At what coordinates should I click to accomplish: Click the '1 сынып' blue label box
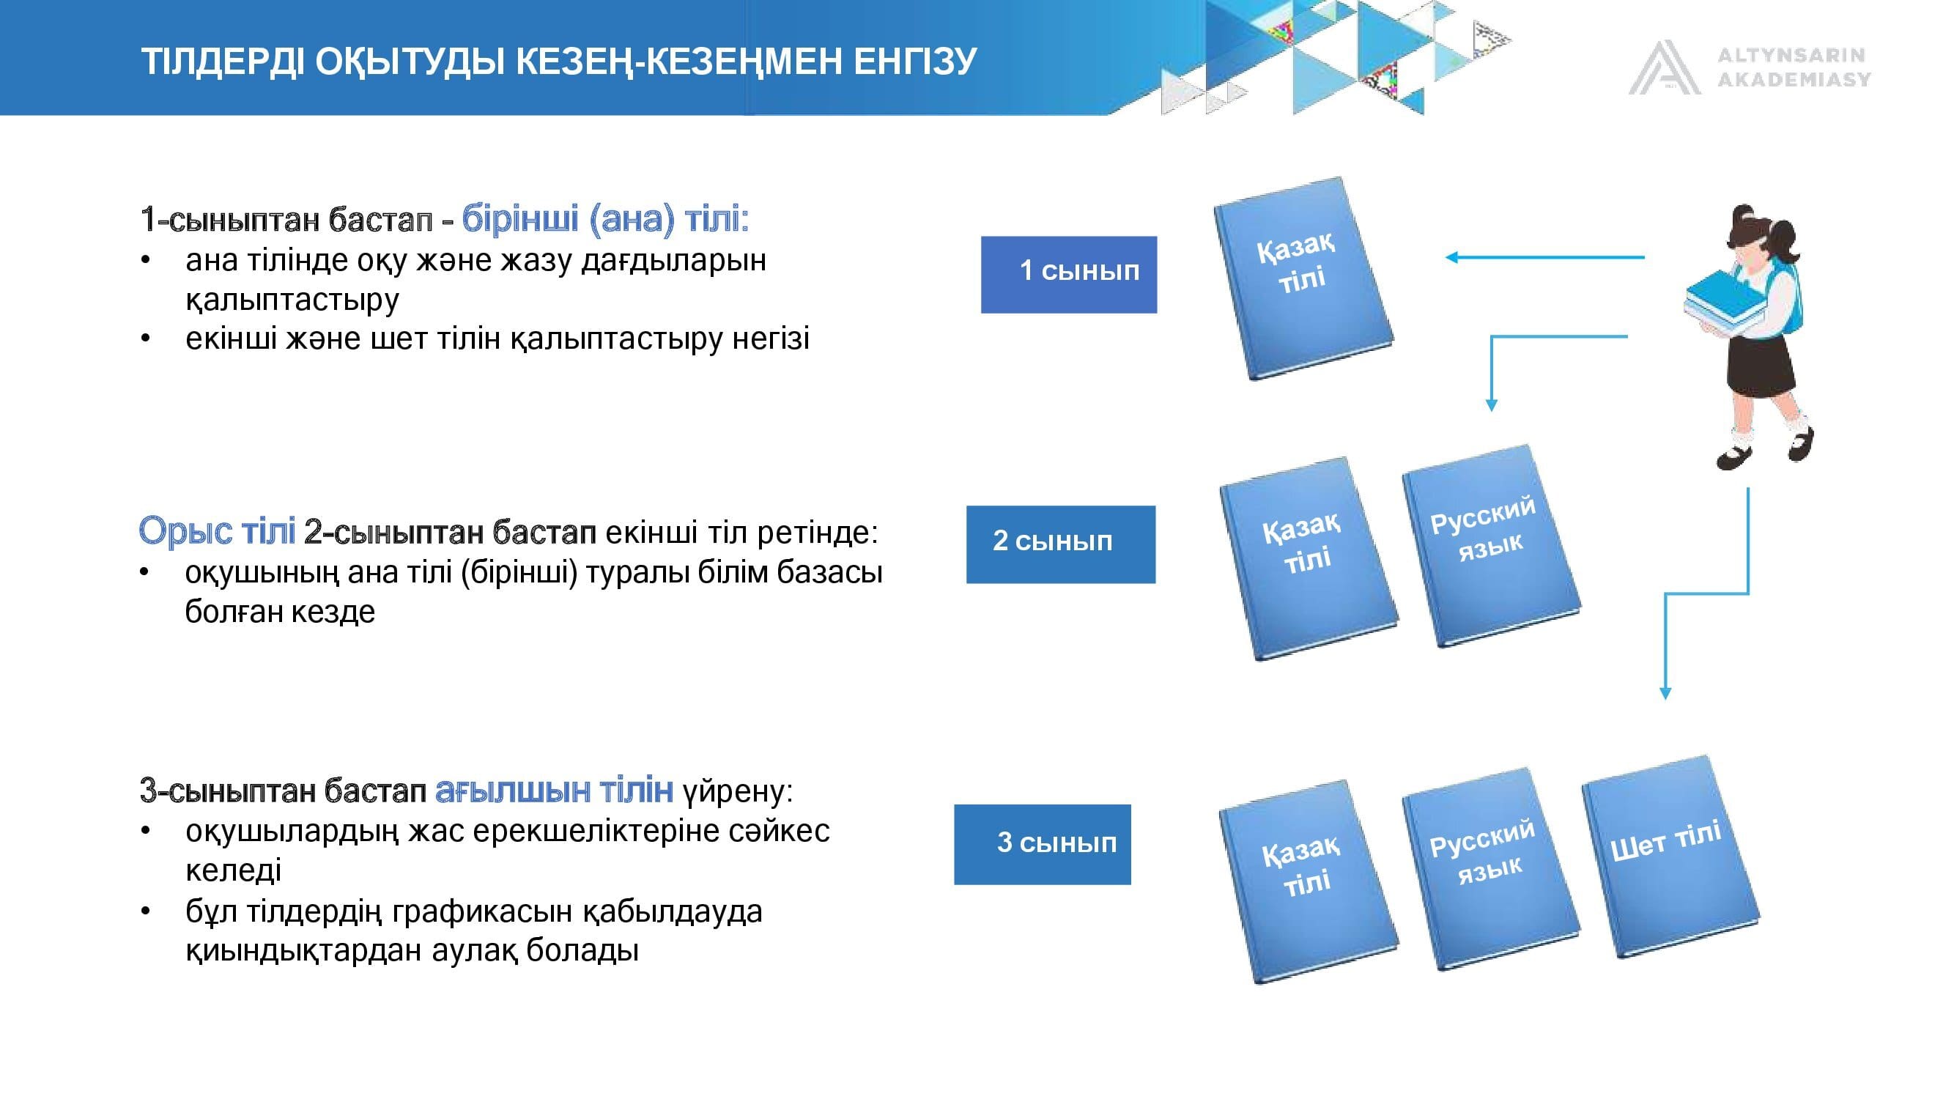click(x=1069, y=275)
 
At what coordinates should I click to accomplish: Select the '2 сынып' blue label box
click(x=1060, y=544)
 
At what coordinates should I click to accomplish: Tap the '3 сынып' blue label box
click(x=1043, y=844)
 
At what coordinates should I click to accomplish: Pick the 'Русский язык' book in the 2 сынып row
click(x=1490, y=546)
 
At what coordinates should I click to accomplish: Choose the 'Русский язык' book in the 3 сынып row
click(x=1490, y=869)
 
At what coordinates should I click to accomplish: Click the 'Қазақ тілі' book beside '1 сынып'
click(x=1303, y=278)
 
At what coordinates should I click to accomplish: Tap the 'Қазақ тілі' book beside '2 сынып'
click(x=1309, y=559)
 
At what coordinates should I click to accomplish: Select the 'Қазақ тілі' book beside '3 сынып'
click(x=1309, y=882)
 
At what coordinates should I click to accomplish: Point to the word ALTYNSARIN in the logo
click(x=1791, y=55)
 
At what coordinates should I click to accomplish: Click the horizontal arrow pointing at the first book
click(x=1544, y=258)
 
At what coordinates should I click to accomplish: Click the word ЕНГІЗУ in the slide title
click(x=916, y=62)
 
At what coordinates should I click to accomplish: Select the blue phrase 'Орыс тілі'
click(x=217, y=530)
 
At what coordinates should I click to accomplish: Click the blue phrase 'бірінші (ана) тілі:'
click(x=605, y=218)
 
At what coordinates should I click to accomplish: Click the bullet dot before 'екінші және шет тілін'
click(x=146, y=338)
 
